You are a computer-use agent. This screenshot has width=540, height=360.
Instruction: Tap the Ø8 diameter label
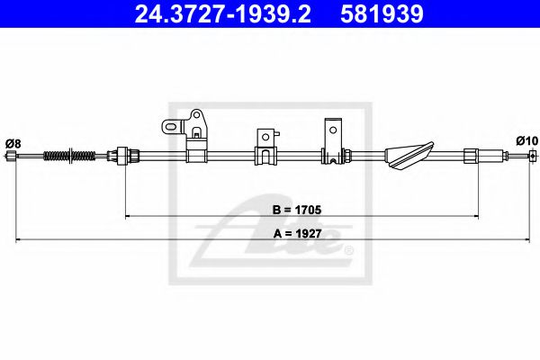(13, 141)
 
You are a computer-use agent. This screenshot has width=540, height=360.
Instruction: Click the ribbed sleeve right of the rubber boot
(471, 156)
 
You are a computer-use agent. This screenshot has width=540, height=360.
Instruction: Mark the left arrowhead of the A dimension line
(18, 238)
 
